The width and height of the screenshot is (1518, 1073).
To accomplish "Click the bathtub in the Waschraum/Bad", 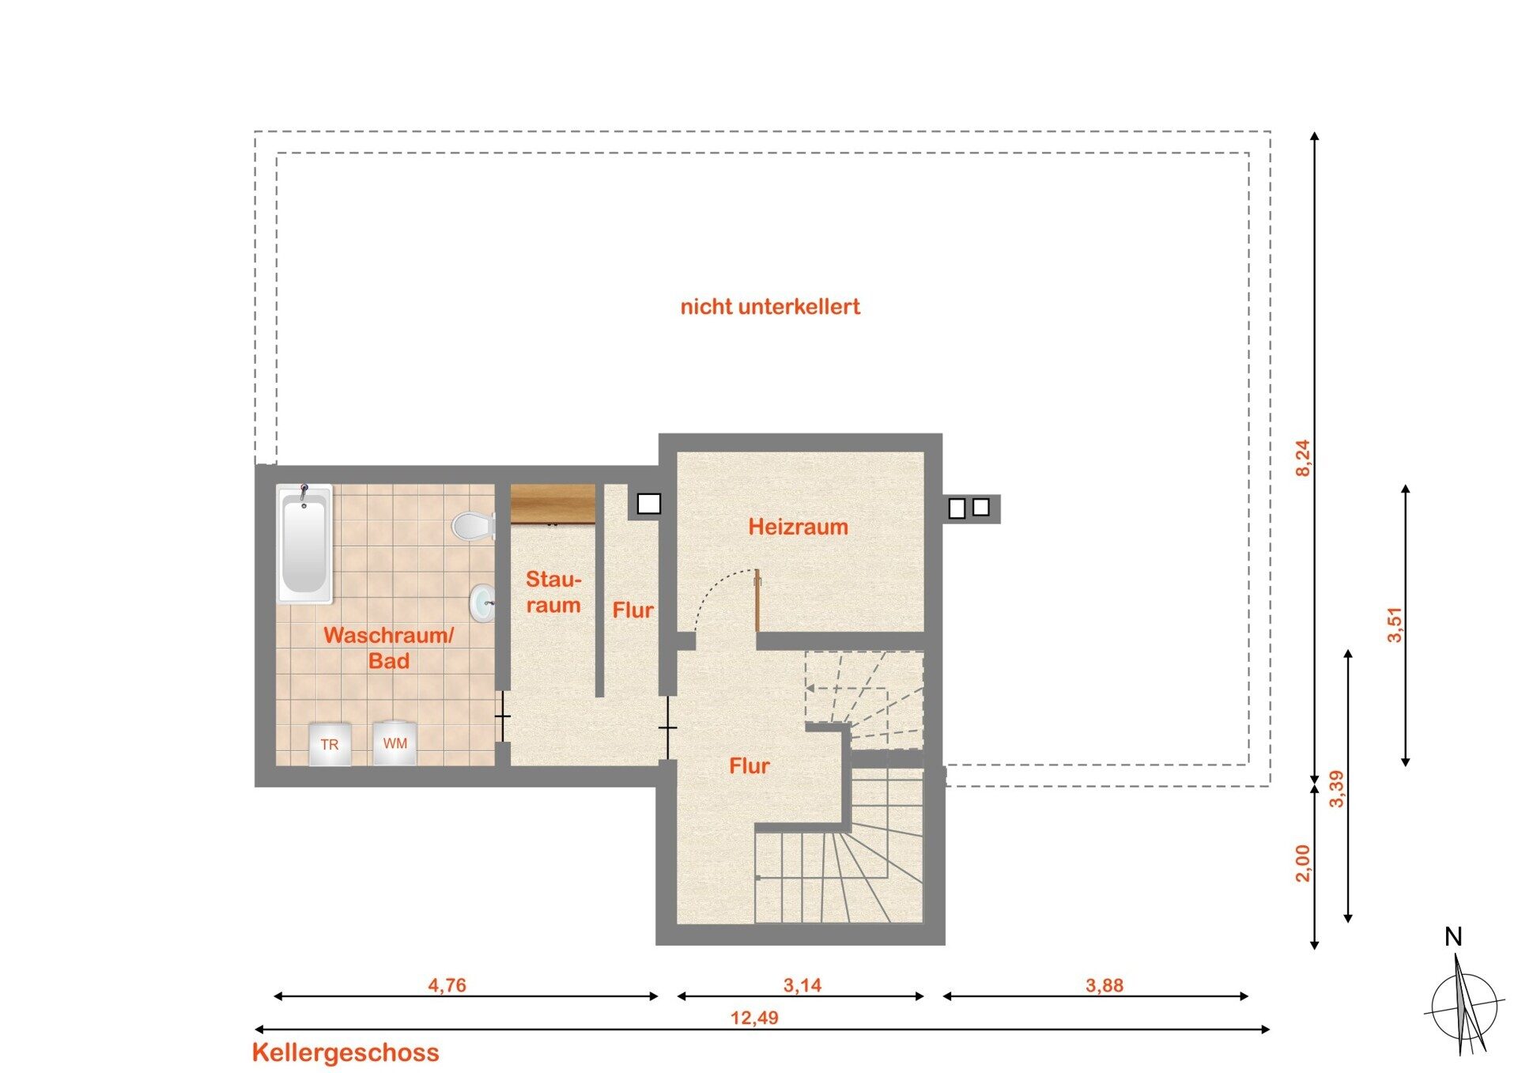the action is [304, 544].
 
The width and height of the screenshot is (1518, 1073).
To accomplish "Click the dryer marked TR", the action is [330, 744].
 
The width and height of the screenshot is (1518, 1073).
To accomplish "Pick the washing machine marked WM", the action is [395, 742].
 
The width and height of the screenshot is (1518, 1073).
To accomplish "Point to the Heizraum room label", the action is [799, 527].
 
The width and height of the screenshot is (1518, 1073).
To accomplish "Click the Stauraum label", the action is [553, 592].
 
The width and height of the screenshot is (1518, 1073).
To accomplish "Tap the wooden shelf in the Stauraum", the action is [553, 504].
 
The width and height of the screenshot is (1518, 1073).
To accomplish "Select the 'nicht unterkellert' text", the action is [770, 307].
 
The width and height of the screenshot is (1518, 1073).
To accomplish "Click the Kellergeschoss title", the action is [346, 1052].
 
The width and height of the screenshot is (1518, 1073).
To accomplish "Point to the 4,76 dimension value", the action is [447, 985].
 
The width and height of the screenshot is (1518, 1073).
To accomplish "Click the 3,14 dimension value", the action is [802, 985].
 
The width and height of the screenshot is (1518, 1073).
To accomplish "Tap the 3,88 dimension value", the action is [1105, 985].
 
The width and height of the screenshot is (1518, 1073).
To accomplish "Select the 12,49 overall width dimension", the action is [754, 1018].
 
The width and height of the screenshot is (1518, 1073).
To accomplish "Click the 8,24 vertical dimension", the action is [1303, 458].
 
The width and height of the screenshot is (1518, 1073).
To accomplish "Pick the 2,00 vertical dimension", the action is [1303, 863].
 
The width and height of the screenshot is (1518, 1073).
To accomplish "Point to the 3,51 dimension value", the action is [1395, 624].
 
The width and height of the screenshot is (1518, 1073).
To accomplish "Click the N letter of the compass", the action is [1453, 937].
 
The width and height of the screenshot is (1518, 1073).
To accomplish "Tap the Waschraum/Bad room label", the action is [389, 648].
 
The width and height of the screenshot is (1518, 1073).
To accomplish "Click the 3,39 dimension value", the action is [1337, 788].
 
